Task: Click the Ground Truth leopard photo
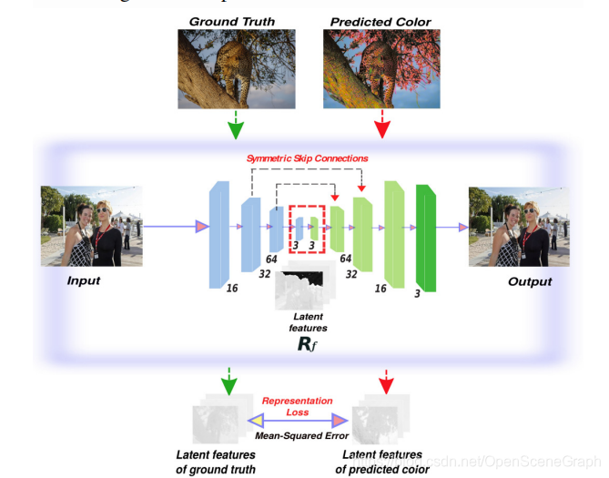[x=233, y=67]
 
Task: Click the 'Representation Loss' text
[x=297, y=406]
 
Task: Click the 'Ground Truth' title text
[x=232, y=20]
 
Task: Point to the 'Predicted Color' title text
[x=381, y=20]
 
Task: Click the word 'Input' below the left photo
[x=83, y=280]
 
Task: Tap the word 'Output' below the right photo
[x=530, y=281]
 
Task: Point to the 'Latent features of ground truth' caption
[x=216, y=462]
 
